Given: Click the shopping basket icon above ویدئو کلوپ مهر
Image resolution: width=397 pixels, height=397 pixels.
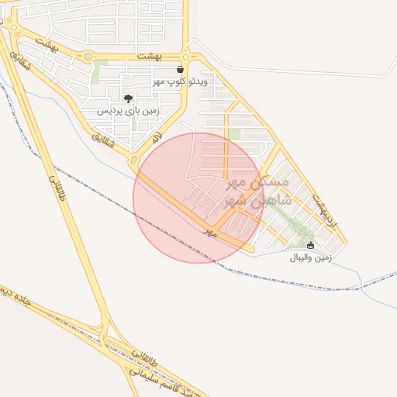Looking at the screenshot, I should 180,70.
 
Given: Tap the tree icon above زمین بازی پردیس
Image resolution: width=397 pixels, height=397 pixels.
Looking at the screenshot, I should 128,98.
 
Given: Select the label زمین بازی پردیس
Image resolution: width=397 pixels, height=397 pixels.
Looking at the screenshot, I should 128,111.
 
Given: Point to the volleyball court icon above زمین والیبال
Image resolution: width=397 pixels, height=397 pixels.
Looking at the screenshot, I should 311,245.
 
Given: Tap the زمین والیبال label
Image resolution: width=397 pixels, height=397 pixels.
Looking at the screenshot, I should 310,257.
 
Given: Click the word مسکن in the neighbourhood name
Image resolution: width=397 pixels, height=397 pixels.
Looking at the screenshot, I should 272,182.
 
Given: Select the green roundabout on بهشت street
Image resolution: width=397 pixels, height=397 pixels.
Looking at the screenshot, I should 88,57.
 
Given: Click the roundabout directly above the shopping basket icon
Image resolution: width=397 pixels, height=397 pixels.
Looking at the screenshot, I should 186,57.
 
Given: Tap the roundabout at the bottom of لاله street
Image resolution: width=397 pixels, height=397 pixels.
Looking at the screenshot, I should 133,161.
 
